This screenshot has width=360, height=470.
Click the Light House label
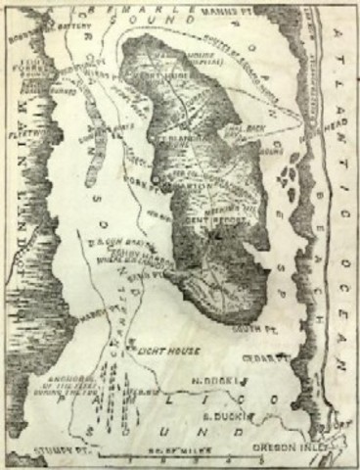(x=173, y=350)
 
